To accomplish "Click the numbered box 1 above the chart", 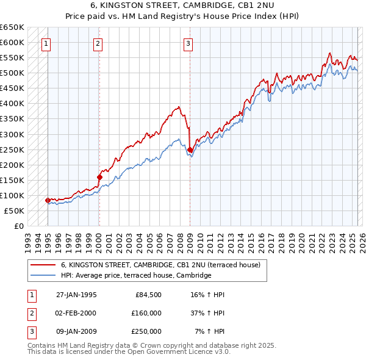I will (46, 43).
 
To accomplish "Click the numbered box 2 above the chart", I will (98, 43).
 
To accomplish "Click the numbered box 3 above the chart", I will (188, 43).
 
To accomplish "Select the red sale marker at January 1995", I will (48, 200).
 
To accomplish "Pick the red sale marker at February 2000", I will (99, 177).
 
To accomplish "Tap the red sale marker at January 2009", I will (190, 149).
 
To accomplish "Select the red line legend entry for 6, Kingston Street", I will (160, 265).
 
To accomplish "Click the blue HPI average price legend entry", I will (135, 275).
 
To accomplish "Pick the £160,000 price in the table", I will (146, 313).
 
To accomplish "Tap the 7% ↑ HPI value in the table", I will (209, 331).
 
